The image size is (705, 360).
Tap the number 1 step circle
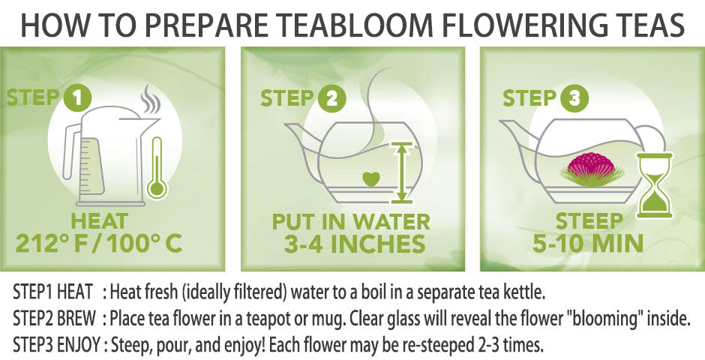(x=77, y=98)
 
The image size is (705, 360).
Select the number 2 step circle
(x=331, y=98)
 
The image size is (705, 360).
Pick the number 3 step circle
(x=574, y=98)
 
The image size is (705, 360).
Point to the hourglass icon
(x=655, y=185)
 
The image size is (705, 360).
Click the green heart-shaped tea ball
(x=371, y=180)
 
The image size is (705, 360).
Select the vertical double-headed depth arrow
(x=403, y=172)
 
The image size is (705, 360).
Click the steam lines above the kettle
(x=151, y=100)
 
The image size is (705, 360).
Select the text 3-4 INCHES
(x=354, y=243)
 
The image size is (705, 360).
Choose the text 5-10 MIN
(x=588, y=243)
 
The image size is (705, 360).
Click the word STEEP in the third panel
(x=589, y=221)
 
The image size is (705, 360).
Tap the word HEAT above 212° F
(x=99, y=221)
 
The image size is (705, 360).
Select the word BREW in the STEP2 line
(x=76, y=319)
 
